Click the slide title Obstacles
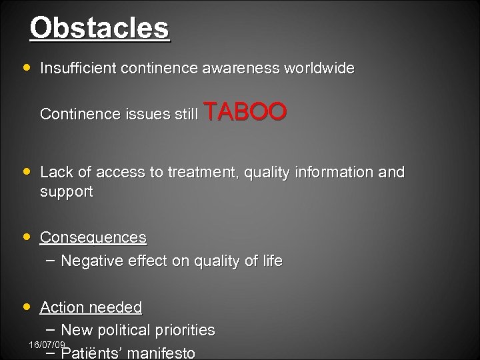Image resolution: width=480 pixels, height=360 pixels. pyautogui.click(x=99, y=29)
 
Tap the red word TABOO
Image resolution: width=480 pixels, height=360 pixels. pyautogui.click(x=246, y=113)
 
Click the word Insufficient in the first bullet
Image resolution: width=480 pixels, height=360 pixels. pyautogui.click(x=74, y=68)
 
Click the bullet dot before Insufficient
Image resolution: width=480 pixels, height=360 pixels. pyautogui.click(x=26, y=68)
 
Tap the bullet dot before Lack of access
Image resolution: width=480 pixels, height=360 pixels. pyautogui.click(x=26, y=172)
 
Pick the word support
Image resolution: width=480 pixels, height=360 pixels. pyautogui.click(x=67, y=192)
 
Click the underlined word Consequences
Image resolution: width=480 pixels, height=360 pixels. pyautogui.click(x=93, y=237)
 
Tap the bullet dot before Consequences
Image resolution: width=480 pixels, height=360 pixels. pyautogui.click(x=26, y=237)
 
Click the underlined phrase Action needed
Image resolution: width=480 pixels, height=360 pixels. pyautogui.click(x=91, y=307)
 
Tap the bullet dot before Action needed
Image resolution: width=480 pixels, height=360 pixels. pyautogui.click(x=26, y=307)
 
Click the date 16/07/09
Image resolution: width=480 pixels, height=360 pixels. pyautogui.click(x=47, y=344)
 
